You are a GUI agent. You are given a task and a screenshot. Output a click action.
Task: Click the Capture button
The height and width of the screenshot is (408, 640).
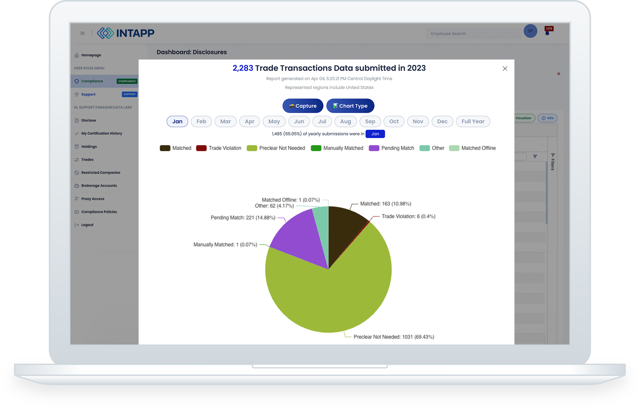303,106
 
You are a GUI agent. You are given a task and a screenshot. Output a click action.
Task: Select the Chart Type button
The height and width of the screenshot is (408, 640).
350,106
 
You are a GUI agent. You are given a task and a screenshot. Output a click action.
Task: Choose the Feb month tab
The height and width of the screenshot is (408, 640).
201,121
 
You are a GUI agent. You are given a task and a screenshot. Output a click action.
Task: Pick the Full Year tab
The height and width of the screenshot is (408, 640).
473,121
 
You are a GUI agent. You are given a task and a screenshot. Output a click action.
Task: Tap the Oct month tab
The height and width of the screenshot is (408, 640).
394,121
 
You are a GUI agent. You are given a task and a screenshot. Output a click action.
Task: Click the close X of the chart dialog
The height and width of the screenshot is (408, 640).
505,69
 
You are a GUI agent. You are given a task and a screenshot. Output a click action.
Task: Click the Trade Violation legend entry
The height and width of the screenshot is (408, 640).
219,148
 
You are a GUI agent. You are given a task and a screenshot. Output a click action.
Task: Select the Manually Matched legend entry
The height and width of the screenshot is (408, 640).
337,148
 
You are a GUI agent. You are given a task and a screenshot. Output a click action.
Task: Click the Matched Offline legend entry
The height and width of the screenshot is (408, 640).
472,148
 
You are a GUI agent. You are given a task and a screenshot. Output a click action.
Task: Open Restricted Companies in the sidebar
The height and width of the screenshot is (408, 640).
101,173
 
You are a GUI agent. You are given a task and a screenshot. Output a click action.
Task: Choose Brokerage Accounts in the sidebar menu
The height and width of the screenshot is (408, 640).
99,186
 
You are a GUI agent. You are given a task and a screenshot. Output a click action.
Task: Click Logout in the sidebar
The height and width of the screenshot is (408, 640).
87,225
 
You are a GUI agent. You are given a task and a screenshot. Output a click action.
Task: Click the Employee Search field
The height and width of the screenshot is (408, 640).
473,33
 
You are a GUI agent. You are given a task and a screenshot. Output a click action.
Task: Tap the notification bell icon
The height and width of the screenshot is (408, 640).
547,33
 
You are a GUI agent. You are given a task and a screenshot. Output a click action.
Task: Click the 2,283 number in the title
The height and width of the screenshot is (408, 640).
243,68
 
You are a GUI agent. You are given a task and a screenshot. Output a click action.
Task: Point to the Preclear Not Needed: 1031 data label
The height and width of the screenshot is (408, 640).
394,337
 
